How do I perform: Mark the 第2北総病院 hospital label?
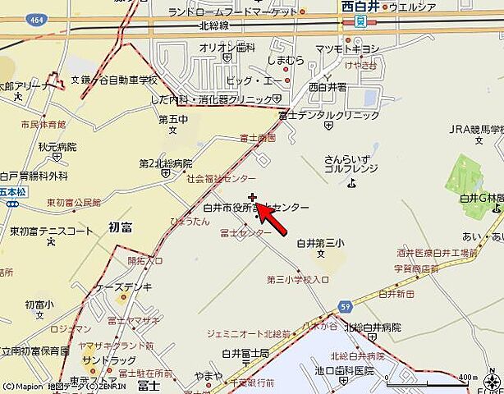[165, 163]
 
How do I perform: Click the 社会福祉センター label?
[221, 177]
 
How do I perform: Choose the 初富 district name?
[120, 223]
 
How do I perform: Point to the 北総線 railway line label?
[212, 25]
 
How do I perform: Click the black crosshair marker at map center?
[252, 198]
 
